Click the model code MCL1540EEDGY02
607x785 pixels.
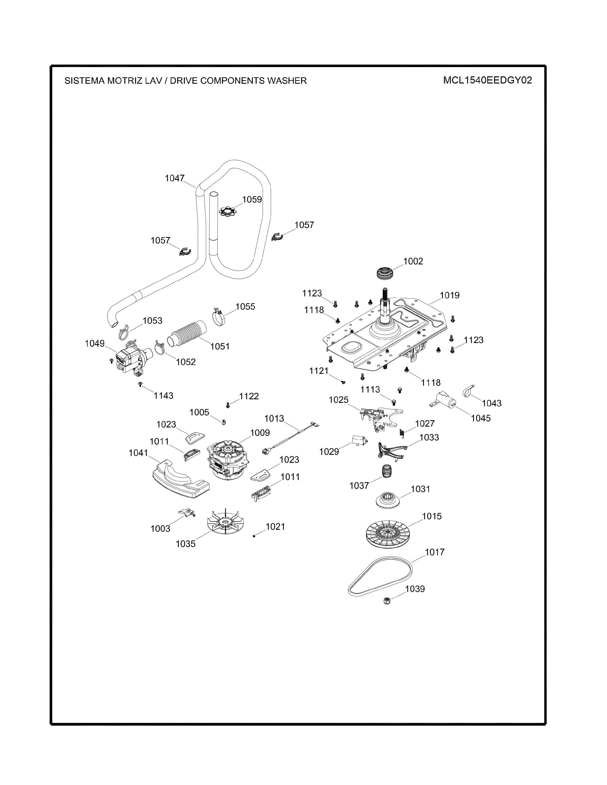coord(487,80)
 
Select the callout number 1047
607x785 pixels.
coord(175,178)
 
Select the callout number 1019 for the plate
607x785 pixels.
coord(449,295)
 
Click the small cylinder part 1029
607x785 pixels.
coord(358,440)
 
